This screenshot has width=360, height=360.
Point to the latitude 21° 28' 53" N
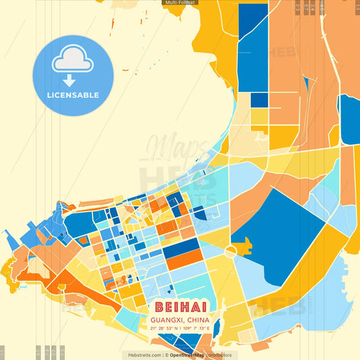tap(164, 328)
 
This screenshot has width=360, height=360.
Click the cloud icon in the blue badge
tap(73, 59)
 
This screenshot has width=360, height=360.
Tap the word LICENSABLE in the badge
tap(73, 95)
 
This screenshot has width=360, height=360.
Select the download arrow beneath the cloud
tap(69, 80)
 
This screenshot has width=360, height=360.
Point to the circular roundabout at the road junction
tap(231, 251)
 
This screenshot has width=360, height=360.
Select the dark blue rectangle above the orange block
tap(181, 247)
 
